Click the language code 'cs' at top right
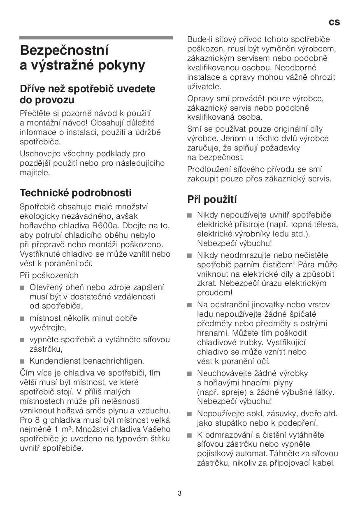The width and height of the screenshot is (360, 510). click(334, 22)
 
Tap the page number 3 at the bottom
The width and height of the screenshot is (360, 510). click(180, 494)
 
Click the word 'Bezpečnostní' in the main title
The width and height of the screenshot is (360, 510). click(65, 51)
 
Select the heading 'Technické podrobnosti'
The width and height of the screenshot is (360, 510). click(76, 192)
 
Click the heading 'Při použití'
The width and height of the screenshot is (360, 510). click(212, 199)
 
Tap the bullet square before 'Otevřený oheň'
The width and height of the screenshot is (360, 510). click(22, 287)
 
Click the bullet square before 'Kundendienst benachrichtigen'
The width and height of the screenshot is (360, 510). click(22, 362)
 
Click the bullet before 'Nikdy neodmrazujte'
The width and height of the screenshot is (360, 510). click(189, 255)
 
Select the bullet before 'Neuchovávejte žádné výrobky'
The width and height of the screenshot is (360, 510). click(189, 374)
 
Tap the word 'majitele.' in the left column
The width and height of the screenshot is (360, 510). click(35, 172)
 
